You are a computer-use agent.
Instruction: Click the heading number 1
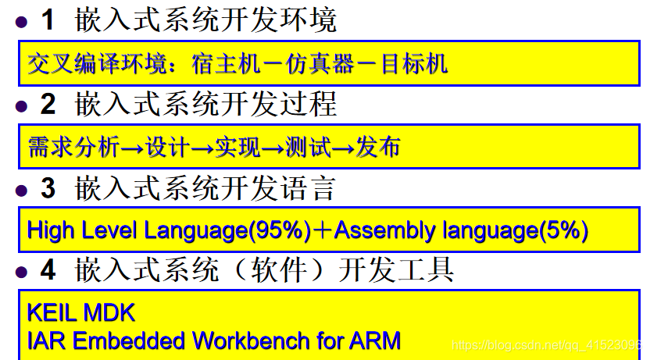(x=48, y=20)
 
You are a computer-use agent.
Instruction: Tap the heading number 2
(x=48, y=104)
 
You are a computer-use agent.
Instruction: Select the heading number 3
(x=48, y=188)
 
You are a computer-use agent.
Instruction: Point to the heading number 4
(x=48, y=269)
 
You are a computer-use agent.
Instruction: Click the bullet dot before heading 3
(x=21, y=191)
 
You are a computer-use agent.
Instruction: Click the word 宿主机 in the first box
(x=227, y=64)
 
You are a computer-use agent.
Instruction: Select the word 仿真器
(x=320, y=64)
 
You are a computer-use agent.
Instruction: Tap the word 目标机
(x=414, y=64)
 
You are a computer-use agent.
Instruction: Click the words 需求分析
(x=73, y=147)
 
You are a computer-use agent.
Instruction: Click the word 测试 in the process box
(x=308, y=147)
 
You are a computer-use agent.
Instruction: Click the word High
(x=51, y=230)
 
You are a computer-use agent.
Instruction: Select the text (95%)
(x=280, y=230)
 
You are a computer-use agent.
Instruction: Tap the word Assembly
(x=384, y=230)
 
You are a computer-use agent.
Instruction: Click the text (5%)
(x=563, y=230)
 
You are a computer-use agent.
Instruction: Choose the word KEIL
(x=52, y=313)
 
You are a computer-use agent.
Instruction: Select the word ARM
(x=375, y=341)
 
